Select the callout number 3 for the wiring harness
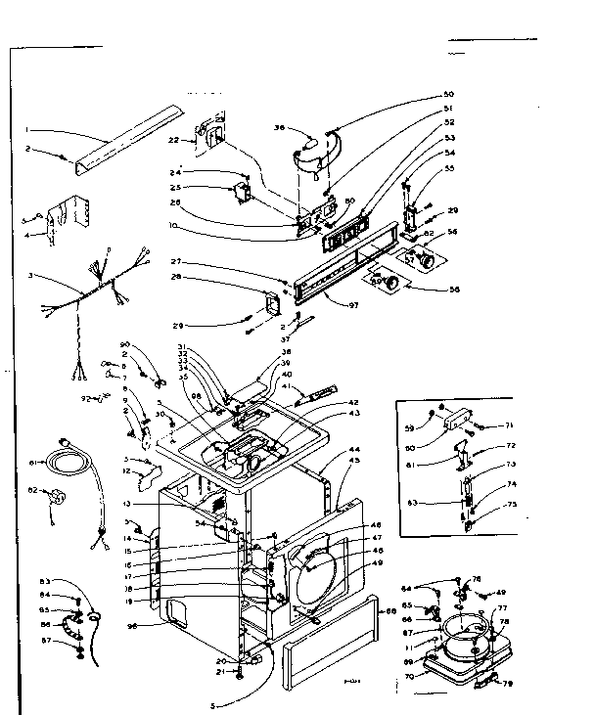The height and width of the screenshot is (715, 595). (31, 277)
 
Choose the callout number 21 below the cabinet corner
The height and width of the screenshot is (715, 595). (223, 671)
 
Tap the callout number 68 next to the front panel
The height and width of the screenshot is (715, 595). (392, 613)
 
